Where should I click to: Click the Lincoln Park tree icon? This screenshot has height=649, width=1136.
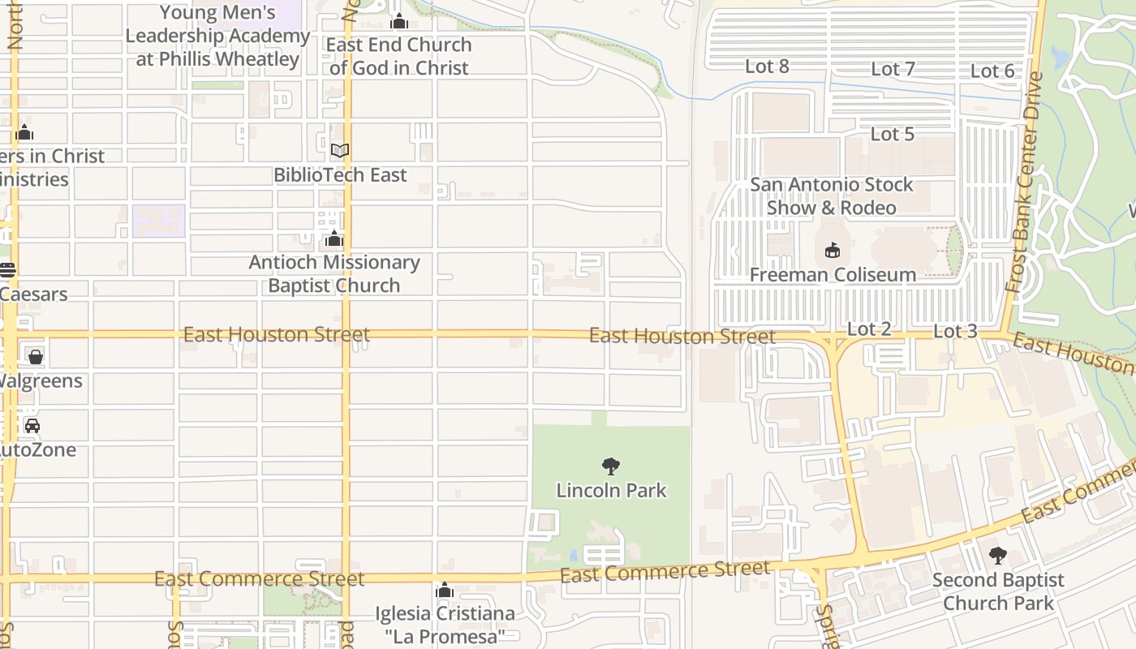(611, 466)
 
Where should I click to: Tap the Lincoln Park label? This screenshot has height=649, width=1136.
(611, 490)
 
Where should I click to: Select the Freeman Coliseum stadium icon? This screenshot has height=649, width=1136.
(832, 251)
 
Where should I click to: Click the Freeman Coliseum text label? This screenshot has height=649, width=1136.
(832, 275)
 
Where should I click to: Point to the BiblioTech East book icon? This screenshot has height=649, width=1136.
(340, 151)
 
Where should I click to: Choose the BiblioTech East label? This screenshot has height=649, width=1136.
(340, 174)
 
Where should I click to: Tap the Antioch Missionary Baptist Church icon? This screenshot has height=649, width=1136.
(333, 239)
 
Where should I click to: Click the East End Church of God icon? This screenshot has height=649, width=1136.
(398, 21)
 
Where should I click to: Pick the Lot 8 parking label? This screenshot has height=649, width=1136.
(767, 67)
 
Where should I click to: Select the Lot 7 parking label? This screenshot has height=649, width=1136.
(893, 69)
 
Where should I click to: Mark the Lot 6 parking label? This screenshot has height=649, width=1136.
(992, 71)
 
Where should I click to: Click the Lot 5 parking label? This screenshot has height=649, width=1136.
(893, 134)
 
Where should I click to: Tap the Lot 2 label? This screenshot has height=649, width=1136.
(869, 329)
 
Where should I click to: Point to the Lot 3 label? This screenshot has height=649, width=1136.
(955, 331)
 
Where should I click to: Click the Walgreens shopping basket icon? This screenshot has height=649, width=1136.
(35, 357)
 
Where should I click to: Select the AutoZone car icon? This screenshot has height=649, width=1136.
(32, 426)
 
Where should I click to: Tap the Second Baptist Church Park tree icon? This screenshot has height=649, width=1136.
(997, 556)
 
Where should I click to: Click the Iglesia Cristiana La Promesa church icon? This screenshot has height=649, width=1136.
(444, 590)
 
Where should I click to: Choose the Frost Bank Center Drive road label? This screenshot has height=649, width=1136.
(1024, 183)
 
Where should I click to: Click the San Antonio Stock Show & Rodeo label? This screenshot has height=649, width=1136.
(832, 196)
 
